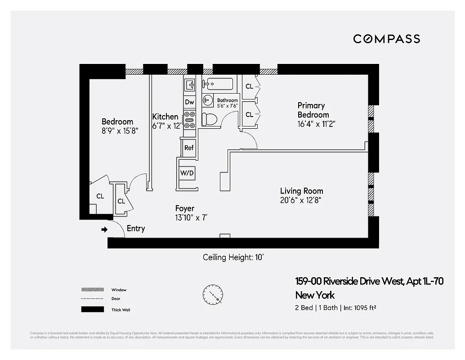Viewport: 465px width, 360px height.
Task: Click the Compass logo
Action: [x=386, y=39]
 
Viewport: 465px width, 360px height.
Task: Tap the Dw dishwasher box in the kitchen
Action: [x=189, y=102]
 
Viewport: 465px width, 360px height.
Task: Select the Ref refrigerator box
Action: [x=189, y=148]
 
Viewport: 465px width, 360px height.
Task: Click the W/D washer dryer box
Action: [x=187, y=173]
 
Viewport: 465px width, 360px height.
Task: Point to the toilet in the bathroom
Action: [x=209, y=119]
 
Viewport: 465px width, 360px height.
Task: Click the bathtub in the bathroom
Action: [x=218, y=84]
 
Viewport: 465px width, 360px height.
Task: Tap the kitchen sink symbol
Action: [x=190, y=84]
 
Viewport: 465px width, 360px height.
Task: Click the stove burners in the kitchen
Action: [x=190, y=121]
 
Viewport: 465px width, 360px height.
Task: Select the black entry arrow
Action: [x=104, y=229]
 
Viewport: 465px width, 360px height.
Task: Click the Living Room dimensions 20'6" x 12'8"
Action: [x=301, y=201]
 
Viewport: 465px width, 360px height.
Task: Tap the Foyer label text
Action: [x=185, y=208]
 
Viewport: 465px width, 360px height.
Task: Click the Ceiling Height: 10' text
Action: [x=236, y=257]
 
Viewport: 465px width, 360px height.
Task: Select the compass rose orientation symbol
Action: [x=212, y=295]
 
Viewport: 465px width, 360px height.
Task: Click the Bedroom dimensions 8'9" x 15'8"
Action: [x=120, y=131]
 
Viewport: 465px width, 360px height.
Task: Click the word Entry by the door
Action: [x=136, y=228]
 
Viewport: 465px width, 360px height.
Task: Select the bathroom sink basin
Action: [x=208, y=100]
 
